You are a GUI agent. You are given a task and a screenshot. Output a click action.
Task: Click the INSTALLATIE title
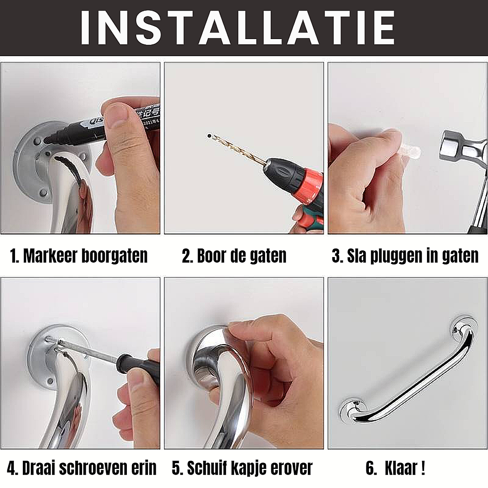[237, 28]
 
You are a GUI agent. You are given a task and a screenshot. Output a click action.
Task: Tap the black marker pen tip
[47, 139]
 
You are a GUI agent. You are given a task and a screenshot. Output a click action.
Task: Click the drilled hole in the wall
[209, 136]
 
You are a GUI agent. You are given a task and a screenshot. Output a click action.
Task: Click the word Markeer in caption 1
[50, 256]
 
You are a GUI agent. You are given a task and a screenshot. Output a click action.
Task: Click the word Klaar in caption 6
[401, 468]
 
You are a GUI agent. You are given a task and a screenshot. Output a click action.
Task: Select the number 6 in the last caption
[370, 468]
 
